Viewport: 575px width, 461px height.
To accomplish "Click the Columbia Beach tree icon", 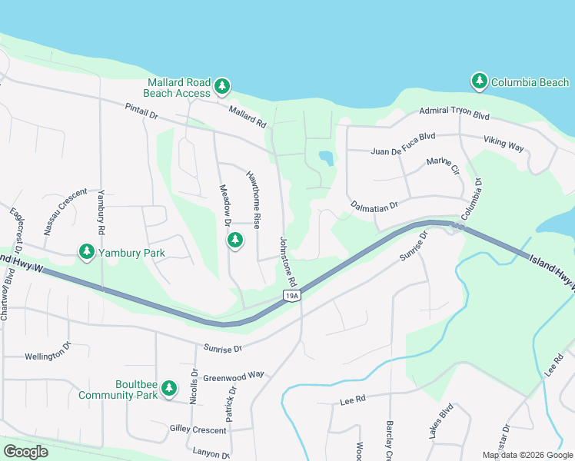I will (x=480, y=81).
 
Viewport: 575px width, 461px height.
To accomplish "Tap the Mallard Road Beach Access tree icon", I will (x=222, y=86).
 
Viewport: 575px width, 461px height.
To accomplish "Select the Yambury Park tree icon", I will (x=86, y=251).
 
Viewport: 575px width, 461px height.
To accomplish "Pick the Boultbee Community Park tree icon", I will (x=170, y=391).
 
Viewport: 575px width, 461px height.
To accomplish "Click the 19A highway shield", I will (x=291, y=295).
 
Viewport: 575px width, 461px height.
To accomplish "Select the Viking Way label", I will (x=504, y=143).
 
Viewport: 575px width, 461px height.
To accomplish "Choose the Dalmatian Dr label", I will (x=374, y=205).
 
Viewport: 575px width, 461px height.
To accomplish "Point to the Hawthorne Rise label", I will (x=254, y=198).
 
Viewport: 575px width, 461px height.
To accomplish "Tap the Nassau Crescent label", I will (x=61, y=212).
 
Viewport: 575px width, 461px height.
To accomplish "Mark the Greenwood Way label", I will (x=234, y=375).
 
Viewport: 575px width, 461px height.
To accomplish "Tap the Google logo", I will (x=25, y=452).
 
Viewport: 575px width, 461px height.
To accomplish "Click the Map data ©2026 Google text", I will (x=527, y=455).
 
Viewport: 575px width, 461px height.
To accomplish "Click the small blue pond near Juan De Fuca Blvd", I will (x=326, y=158).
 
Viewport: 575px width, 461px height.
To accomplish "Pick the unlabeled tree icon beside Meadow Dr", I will (x=234, y=240).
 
